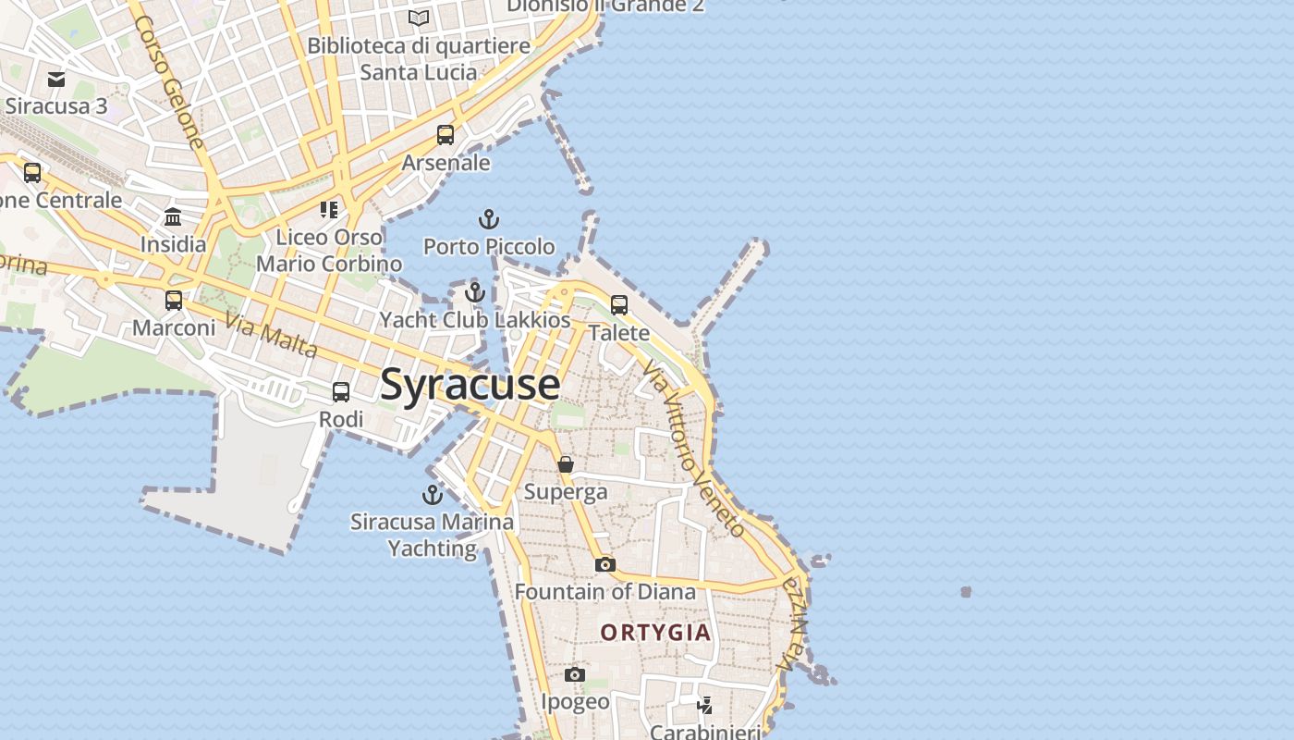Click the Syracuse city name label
[470, 384]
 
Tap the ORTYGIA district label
[656, 633]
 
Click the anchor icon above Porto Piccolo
[488, 219]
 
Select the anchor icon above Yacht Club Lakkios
[475, 292]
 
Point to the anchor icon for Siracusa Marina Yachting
[432, 494]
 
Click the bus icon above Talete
[619, 304]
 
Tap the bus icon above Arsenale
[446, 135]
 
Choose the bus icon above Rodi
[341, 392]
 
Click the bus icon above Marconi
[174, 301]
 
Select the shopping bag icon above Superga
[566, 464]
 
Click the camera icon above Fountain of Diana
[604, 564]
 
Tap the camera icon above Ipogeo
[575, 675]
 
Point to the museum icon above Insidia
[173, 217]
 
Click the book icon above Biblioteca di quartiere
[419, 18]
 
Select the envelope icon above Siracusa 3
[56, 80]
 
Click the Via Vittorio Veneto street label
[693, 450]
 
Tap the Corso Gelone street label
[168, 81]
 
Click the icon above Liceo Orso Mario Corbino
[329, 210]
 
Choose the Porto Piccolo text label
[489, 247]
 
